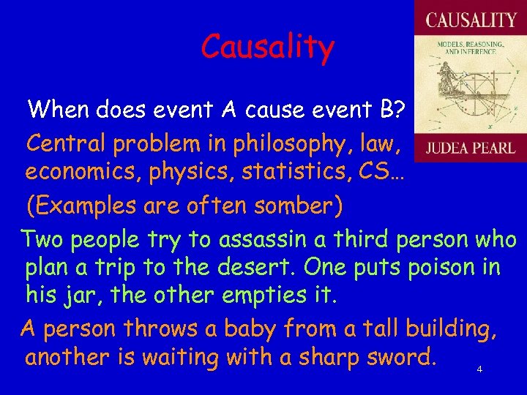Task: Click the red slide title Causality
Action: click(267, 48)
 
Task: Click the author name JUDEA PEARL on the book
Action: click(470, 148)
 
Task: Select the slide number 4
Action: click(479, 369)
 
